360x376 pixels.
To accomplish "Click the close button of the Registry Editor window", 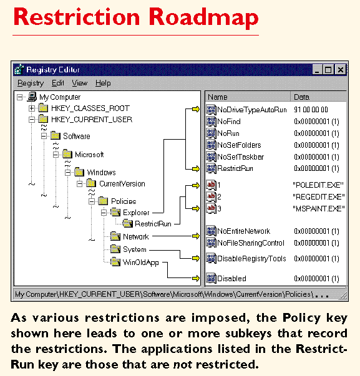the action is [340, 70].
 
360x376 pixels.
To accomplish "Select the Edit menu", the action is [58, 83].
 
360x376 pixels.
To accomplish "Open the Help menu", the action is [103, 83].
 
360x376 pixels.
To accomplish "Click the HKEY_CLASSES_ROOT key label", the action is [90, 108].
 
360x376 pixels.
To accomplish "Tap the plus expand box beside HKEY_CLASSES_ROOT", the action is [32, 108].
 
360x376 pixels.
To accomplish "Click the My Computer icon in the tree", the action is [32, 97].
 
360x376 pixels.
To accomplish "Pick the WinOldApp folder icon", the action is [115, 262].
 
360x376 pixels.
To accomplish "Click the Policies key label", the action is [124, 201].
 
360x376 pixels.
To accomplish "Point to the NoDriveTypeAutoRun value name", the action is [252, 110].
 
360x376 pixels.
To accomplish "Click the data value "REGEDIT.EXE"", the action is [319, 197].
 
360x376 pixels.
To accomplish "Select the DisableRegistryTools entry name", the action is [251, 259].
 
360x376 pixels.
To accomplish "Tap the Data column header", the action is [301, 97].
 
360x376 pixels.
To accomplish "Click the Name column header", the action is [218, 97].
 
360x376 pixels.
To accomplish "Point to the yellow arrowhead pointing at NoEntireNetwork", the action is [196, 236].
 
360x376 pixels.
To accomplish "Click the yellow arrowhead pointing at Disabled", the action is [196, 278].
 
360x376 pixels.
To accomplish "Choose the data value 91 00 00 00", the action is [311, 110].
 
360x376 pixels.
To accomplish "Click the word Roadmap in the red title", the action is [203, 17].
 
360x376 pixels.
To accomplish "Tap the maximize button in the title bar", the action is [328, 70].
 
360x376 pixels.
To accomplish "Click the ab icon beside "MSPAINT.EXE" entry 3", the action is [211, 208].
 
